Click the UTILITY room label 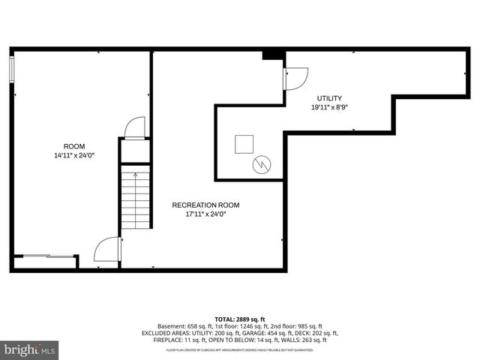pos(329,98)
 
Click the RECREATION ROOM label pos(205,205)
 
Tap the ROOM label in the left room pos(74,146)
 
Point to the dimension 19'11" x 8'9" pos(329,107)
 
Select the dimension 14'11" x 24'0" pos(74,155)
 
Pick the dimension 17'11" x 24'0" pos(205,214)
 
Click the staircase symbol pos(136,199)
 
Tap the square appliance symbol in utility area pos(244,143)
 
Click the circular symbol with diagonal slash pos(262,164)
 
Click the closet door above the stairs pos(135,128)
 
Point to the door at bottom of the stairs pos(108,250)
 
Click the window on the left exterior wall pos(11,69)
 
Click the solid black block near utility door pos(273,55)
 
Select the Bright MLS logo pos(30,349)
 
